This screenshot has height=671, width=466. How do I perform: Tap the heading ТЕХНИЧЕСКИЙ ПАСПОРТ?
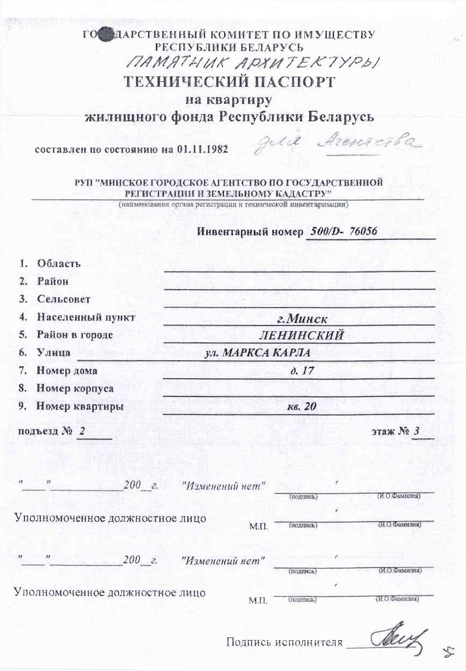pos(229,82)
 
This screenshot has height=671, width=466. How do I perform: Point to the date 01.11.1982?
pos(202,150)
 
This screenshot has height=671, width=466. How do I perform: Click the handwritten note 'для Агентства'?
pos(336,144)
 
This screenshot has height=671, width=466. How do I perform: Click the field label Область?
pos(59,263)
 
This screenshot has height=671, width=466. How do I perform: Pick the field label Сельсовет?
pos(63,299)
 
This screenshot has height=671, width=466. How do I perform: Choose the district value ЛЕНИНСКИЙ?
pos(301,335)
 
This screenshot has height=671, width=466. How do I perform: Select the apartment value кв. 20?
pos(302,407)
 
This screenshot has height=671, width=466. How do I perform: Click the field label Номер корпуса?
pos(75,388)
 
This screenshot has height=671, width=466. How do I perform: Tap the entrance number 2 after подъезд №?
pos(82,432)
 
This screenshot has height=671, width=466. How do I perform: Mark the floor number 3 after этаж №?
pos(416,432)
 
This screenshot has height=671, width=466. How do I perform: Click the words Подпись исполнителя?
pos(284,642)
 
